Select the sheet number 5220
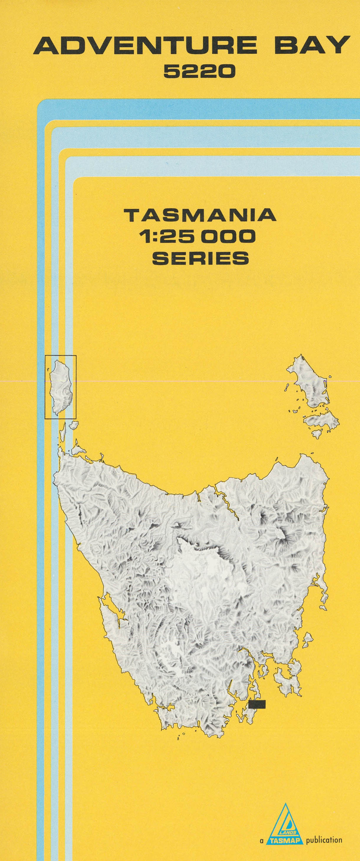[x=199, y=71]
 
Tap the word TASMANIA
[x=200, y=216]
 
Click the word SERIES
[x=200, y=258]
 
